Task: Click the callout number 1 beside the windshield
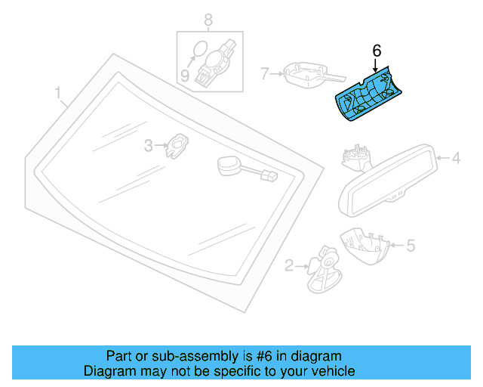(x=57, y=94)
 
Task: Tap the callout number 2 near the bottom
(x=289, y=265)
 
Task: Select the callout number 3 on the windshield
(x=149, y=144)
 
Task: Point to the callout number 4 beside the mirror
(x=456, y=159)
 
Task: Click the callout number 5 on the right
(x=411, y=245)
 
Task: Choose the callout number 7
(x=265, y=73)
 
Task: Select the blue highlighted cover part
(x=368, y=95)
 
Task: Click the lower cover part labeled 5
(x=366, y=245)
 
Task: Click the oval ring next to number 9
(x=198, y=50)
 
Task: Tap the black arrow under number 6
(x=377, y=65)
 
